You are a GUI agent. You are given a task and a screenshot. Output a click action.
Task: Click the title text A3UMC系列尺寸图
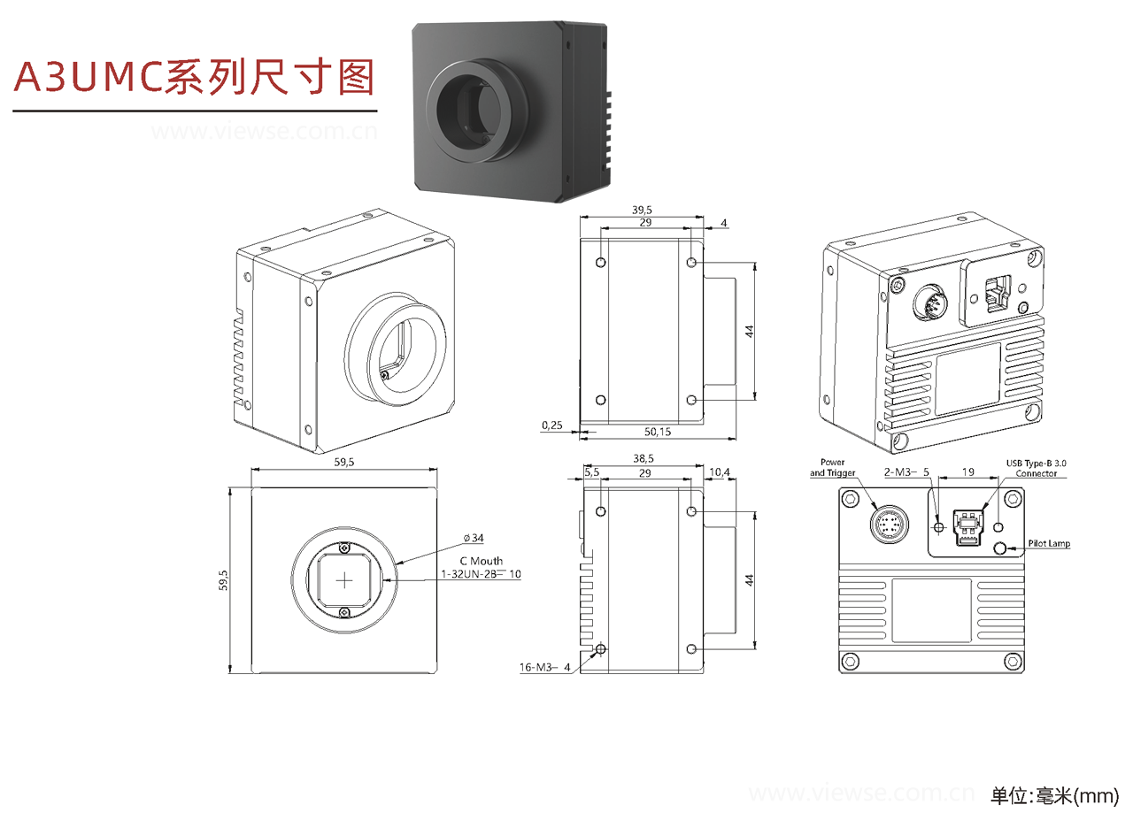pyautogui.click(x=195, y=77)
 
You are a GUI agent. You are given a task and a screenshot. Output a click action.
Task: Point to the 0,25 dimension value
pyautogui.click(x=551, y=425)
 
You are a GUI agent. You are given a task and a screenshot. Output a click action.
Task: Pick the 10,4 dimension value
pyautogui.click(x=721, y=473)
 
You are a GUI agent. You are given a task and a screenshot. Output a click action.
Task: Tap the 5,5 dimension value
pyautogui.click(x=592, y=473)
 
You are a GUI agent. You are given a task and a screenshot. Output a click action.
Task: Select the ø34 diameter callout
pyautogui.click(x=474, y=538)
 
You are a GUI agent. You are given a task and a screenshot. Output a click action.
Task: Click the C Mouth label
pyautogui.click(x=481, y=561)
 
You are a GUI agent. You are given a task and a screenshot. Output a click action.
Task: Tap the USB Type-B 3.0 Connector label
pyautogui.click(x=1037, y=468)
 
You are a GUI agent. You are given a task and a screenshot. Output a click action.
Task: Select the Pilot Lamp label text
pyautogui.click(x=1049, y=544)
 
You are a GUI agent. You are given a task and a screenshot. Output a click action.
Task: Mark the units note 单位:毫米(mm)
pyautogui.click(x=1054, y=796)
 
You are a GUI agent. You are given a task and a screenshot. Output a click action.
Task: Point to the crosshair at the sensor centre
pyautogui.click(x=344, y=579)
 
